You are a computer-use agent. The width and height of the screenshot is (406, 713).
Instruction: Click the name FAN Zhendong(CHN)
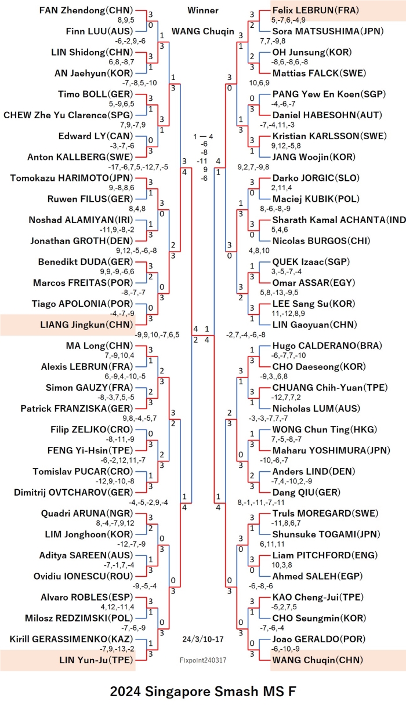click(86, 10)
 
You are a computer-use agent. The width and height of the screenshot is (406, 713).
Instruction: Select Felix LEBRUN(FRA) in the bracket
click(316, 10)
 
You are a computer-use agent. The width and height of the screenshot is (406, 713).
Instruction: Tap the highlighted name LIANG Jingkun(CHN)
click(86, 325)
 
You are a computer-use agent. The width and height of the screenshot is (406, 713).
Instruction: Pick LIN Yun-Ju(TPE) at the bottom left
click(96, 660)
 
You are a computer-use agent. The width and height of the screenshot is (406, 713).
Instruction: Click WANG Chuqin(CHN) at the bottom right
click(317, 660)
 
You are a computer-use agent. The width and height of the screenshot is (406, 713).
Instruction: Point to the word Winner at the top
click(203, 10)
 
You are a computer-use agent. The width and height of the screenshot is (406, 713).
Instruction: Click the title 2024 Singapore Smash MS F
click(203, 692)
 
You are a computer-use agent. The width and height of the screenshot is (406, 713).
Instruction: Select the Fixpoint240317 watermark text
click(203, 660)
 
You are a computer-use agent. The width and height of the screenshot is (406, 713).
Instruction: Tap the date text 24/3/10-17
click(203, 639)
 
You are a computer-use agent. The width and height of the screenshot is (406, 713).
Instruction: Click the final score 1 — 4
click(203, 137)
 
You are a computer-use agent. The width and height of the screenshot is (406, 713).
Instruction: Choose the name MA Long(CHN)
click(99, 345)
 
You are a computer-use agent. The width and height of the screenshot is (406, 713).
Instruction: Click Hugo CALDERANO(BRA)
click(327, 345)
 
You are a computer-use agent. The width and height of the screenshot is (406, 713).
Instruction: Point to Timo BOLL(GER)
click(95, 94)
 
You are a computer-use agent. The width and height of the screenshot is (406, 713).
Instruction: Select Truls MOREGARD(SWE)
click(325, 513)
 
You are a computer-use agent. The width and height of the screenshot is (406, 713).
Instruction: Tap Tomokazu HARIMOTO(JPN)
click(71, 178)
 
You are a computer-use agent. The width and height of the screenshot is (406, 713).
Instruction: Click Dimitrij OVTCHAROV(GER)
click(73, 492)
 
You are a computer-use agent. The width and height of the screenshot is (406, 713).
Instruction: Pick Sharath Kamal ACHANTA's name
click(339, 220)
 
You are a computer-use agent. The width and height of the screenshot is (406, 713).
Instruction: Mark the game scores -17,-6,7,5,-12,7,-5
click(138, 167)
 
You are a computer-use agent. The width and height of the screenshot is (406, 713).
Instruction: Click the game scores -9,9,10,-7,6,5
click(157, 335)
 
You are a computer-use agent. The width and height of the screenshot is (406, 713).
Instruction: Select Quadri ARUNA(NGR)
click(87, 513)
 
